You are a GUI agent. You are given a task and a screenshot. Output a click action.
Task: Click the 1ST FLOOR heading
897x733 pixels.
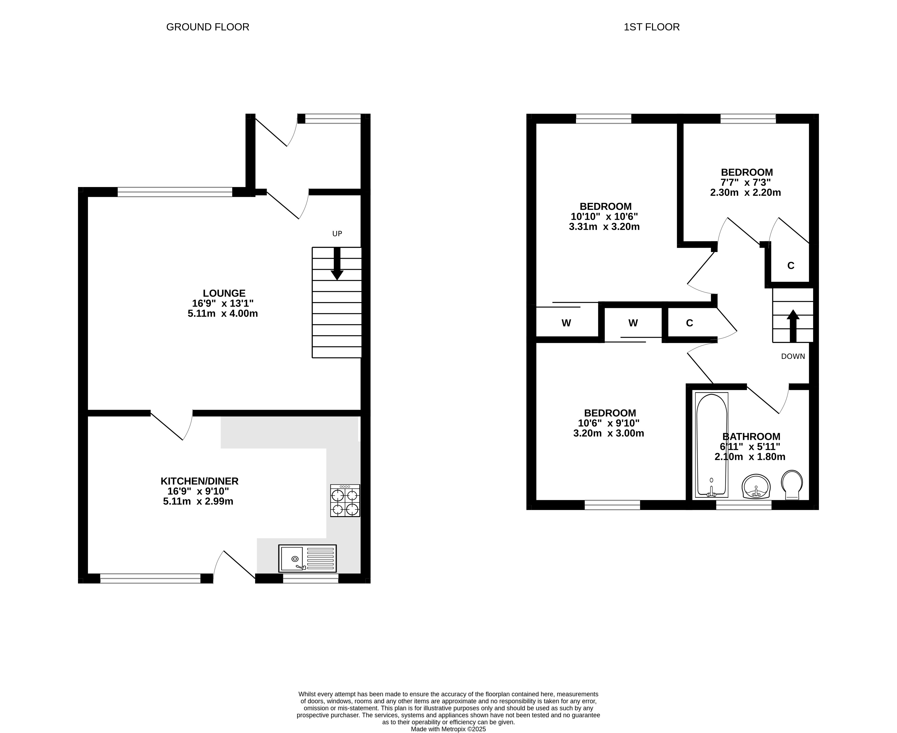point(651,27)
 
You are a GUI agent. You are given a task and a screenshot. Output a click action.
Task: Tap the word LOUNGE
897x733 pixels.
point(224,293)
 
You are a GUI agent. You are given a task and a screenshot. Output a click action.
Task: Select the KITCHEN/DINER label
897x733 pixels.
point(200,481)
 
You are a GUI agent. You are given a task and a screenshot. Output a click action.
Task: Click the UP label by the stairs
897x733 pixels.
point(337,234)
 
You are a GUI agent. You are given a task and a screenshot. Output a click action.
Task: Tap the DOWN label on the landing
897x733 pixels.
point(793,356)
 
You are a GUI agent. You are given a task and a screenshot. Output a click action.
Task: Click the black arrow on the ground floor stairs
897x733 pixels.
point(337,264)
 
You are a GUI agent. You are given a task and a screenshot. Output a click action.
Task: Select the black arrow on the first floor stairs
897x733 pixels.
point(793,326)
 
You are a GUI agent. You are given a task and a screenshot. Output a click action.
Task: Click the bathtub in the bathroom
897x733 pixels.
point(712,445)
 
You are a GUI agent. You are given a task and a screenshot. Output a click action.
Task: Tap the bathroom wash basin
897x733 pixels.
point(756,486)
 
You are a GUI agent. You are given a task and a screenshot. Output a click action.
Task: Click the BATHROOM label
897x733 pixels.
point(751,437)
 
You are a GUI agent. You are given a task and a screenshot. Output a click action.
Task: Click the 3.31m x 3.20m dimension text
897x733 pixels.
point(604,227)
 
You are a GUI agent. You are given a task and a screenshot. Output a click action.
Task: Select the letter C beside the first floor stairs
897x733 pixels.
point(791,266)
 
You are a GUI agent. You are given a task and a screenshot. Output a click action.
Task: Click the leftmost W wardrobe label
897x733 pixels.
point(566,323)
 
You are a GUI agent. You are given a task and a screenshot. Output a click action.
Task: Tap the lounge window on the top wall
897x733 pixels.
point(175,192)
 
